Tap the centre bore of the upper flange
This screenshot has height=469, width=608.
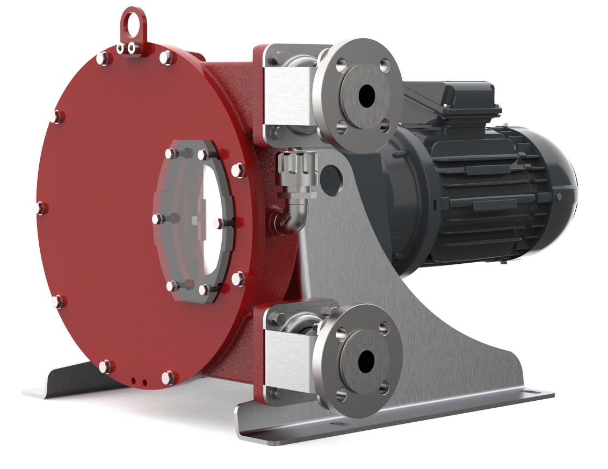[x=366, y=96]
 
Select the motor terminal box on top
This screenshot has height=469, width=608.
[x=451, y=97]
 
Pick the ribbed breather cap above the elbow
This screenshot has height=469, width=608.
[x=295, y=167]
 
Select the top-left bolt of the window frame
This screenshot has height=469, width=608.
[x=171, y=154]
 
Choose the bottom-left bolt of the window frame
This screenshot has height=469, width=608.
[x=171, y=285]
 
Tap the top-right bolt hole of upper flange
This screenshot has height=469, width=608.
[x=384, y=66]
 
